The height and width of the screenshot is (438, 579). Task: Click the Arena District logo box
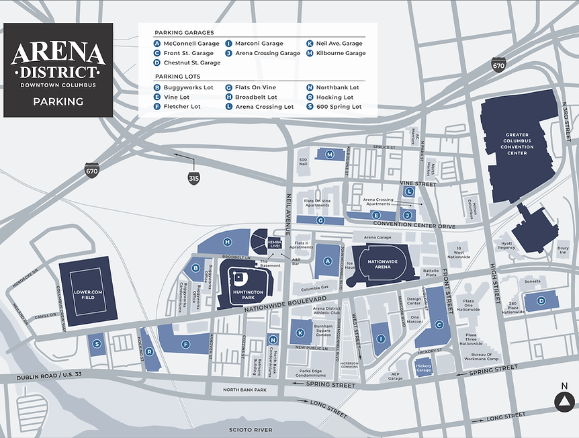click(x=58, y=70)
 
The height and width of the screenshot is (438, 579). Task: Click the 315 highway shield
click(x=193, y=177)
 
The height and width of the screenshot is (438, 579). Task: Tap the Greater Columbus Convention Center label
click(x=517, y=143)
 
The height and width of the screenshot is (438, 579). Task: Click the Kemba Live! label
click(x=274, y=244)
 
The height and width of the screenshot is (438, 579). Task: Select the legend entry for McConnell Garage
click(x=187, y=44)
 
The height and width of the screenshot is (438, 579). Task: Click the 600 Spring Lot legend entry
click(x=335, y=107)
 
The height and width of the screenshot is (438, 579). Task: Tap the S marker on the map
click(x=97, y=344)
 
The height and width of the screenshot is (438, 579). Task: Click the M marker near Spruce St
click(x=329, y=155)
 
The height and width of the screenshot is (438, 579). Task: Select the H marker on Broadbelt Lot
click(x=228, y=242)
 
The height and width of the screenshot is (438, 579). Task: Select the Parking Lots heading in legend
click(x=178, y=77)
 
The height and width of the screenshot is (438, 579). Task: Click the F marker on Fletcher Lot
click(x=184, y=344)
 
